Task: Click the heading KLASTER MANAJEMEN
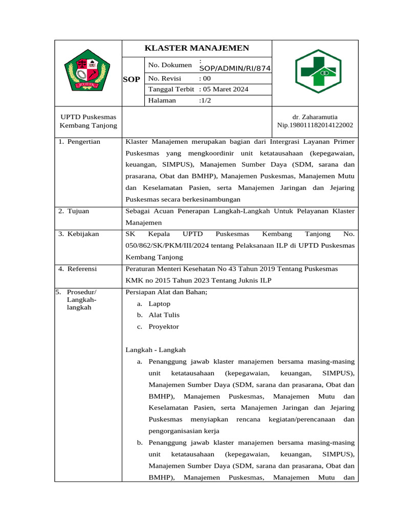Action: point(197,48)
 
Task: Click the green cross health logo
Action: point(318,71)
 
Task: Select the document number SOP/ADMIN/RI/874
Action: point(235,69)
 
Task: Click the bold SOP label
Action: point(132,79)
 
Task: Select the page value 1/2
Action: point(205,100)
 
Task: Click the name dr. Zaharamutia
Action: point(315,117)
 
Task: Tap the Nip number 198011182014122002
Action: point(315,125)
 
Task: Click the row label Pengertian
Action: point(83,142)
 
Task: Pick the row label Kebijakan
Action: point(83,234)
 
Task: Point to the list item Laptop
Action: point(160,303)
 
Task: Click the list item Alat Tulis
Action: point(164,315)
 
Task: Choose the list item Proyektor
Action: point(164,326)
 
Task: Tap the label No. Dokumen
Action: point(170,65)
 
